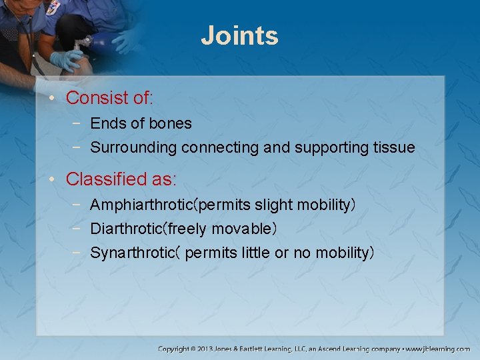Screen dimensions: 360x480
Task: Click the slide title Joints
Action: point(239,35)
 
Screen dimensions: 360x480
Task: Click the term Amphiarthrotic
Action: point(137,205)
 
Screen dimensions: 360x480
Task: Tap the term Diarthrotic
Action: point(127,229)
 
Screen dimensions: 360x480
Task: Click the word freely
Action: point(188,229)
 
